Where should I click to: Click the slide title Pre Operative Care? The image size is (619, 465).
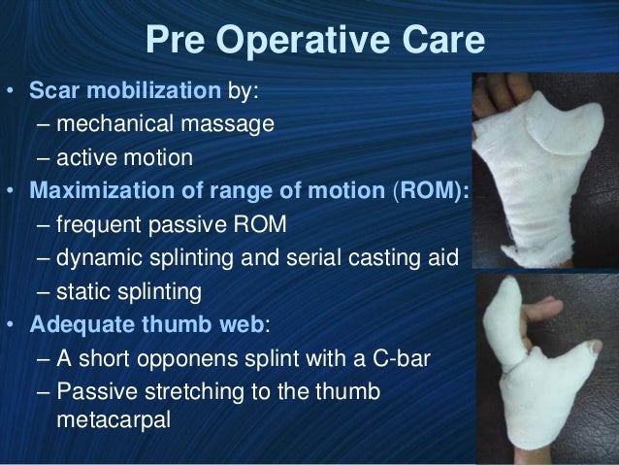[x=312, y=42]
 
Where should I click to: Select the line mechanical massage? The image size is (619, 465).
[x=165, y=125]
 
